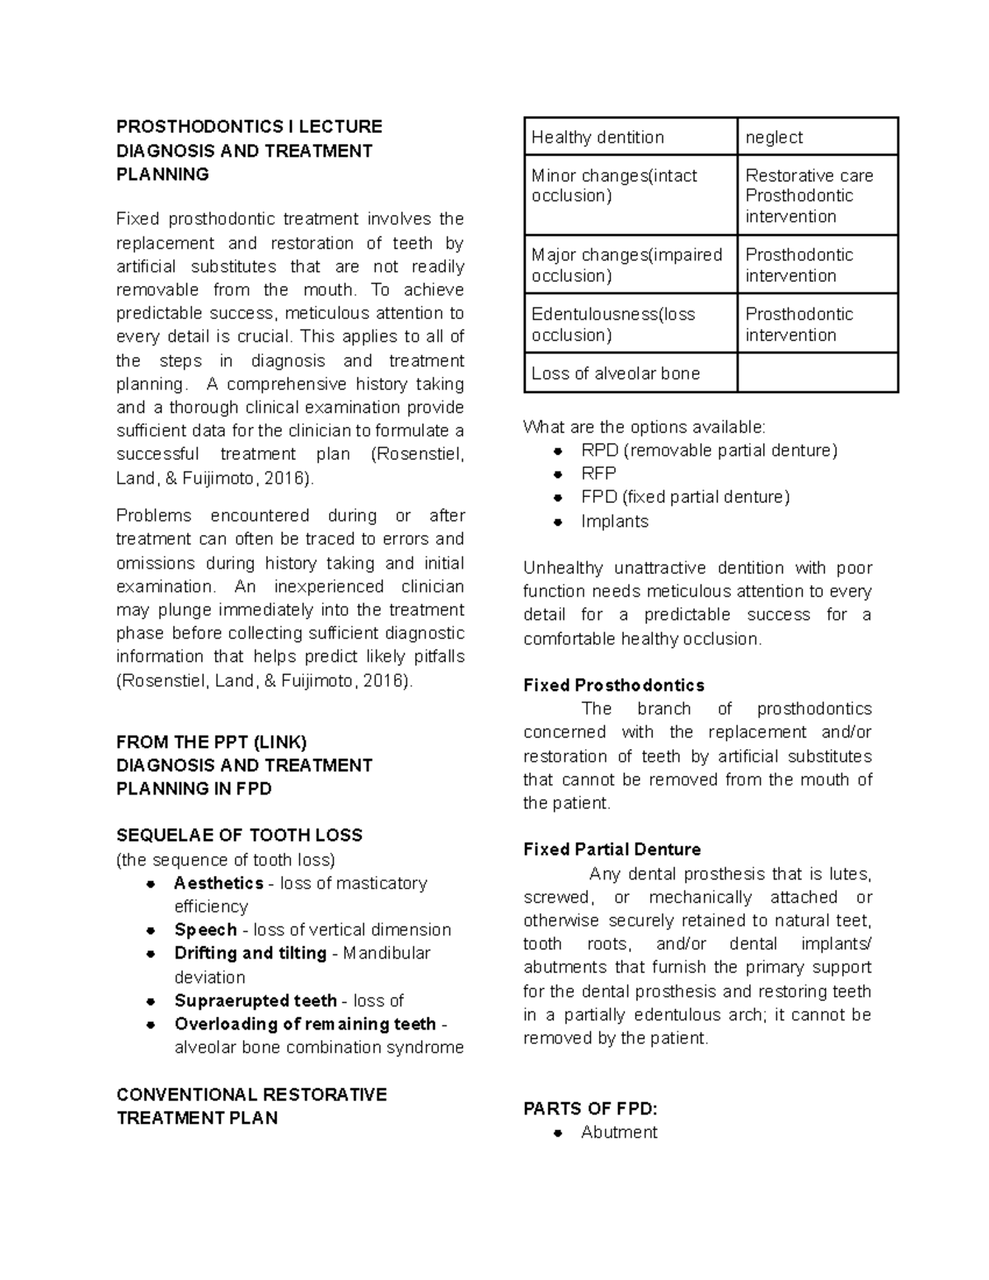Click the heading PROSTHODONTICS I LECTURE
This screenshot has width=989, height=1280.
(x=249, y=126)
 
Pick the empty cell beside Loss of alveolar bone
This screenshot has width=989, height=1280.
(x=817, y=373)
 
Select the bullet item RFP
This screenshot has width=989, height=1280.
(x=598, y=473)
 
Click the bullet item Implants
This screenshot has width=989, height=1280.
(x=614, y=521)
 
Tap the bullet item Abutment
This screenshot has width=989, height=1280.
(x=619, y=1132)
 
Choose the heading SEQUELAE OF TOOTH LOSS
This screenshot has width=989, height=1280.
(x=239, y=835)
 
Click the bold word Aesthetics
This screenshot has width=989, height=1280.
(x=218, y=883)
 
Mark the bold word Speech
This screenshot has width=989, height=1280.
(x=205, y=930)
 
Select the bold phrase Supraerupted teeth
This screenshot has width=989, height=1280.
(x=255, y=1001)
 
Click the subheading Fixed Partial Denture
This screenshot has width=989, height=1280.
(x=612, y=849)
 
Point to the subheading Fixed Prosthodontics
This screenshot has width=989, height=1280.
(x=613, y=685)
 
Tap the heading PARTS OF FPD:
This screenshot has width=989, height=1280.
(x=590, y=1109)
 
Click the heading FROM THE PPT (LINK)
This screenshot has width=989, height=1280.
(x=212, y=742)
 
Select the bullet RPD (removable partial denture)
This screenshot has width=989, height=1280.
(x=709, y=450)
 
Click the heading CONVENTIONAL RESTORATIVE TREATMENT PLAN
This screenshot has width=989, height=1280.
(x=251, y=1106)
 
